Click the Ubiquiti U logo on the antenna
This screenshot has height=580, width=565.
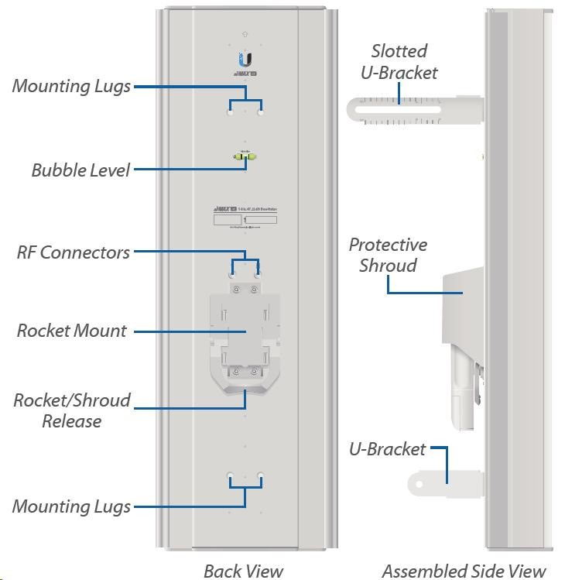(x=245, y=60)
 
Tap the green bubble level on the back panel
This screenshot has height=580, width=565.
(x=245, y=157)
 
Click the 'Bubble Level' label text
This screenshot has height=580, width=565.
(x=80, y=170)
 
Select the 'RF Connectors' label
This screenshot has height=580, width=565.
(x=73, y=252)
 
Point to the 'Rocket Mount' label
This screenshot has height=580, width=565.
(x=71, y=331)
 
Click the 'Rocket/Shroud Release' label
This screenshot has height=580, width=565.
(x=71, y=410)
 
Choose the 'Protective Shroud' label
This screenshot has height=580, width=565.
(x=387, y=255)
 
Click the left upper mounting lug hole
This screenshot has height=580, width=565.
(x=230, y=112)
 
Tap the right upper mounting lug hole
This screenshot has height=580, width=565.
(x=261, y=112)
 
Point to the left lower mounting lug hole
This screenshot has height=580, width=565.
(x=230, y=475)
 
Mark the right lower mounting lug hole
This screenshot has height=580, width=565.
(x=261, y=475)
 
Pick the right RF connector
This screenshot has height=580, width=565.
(x=258, y=273)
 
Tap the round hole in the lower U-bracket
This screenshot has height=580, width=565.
(x=419, y=484)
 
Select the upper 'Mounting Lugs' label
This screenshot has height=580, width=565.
(x=71, y=86)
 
